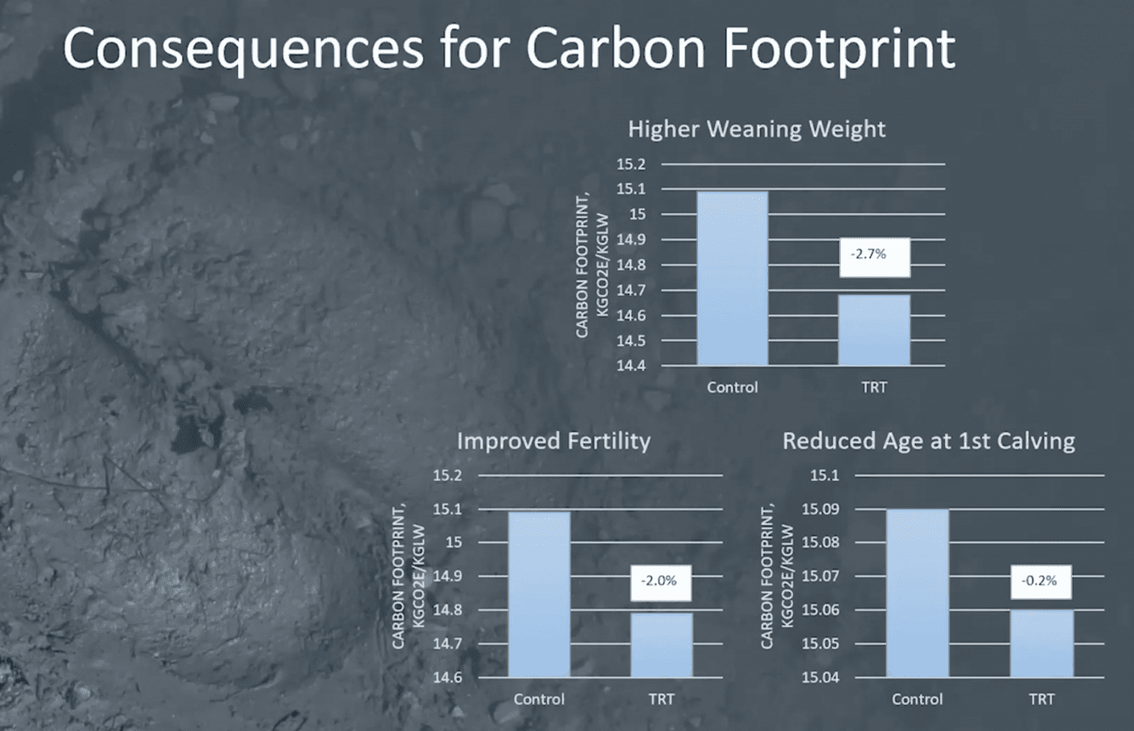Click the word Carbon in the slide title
point(615,49)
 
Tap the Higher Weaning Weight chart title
point(757,128)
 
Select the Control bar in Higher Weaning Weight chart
point(732,278)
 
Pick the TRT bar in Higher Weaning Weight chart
point(874,330)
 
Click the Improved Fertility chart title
point(554,441)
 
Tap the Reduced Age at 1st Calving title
point(929,441)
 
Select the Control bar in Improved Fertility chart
point(539,594)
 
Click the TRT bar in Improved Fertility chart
point(661,645)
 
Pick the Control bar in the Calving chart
point(918,593)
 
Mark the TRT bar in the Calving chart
point(1042,643)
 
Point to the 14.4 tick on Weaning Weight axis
point(631,365)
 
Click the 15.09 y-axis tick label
point(820,509)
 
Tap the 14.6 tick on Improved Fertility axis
point(447,677)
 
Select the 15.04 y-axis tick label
point(820,677)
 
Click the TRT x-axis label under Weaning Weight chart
point(874,388)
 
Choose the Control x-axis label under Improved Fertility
point(539,699)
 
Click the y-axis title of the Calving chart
point(777,576)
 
